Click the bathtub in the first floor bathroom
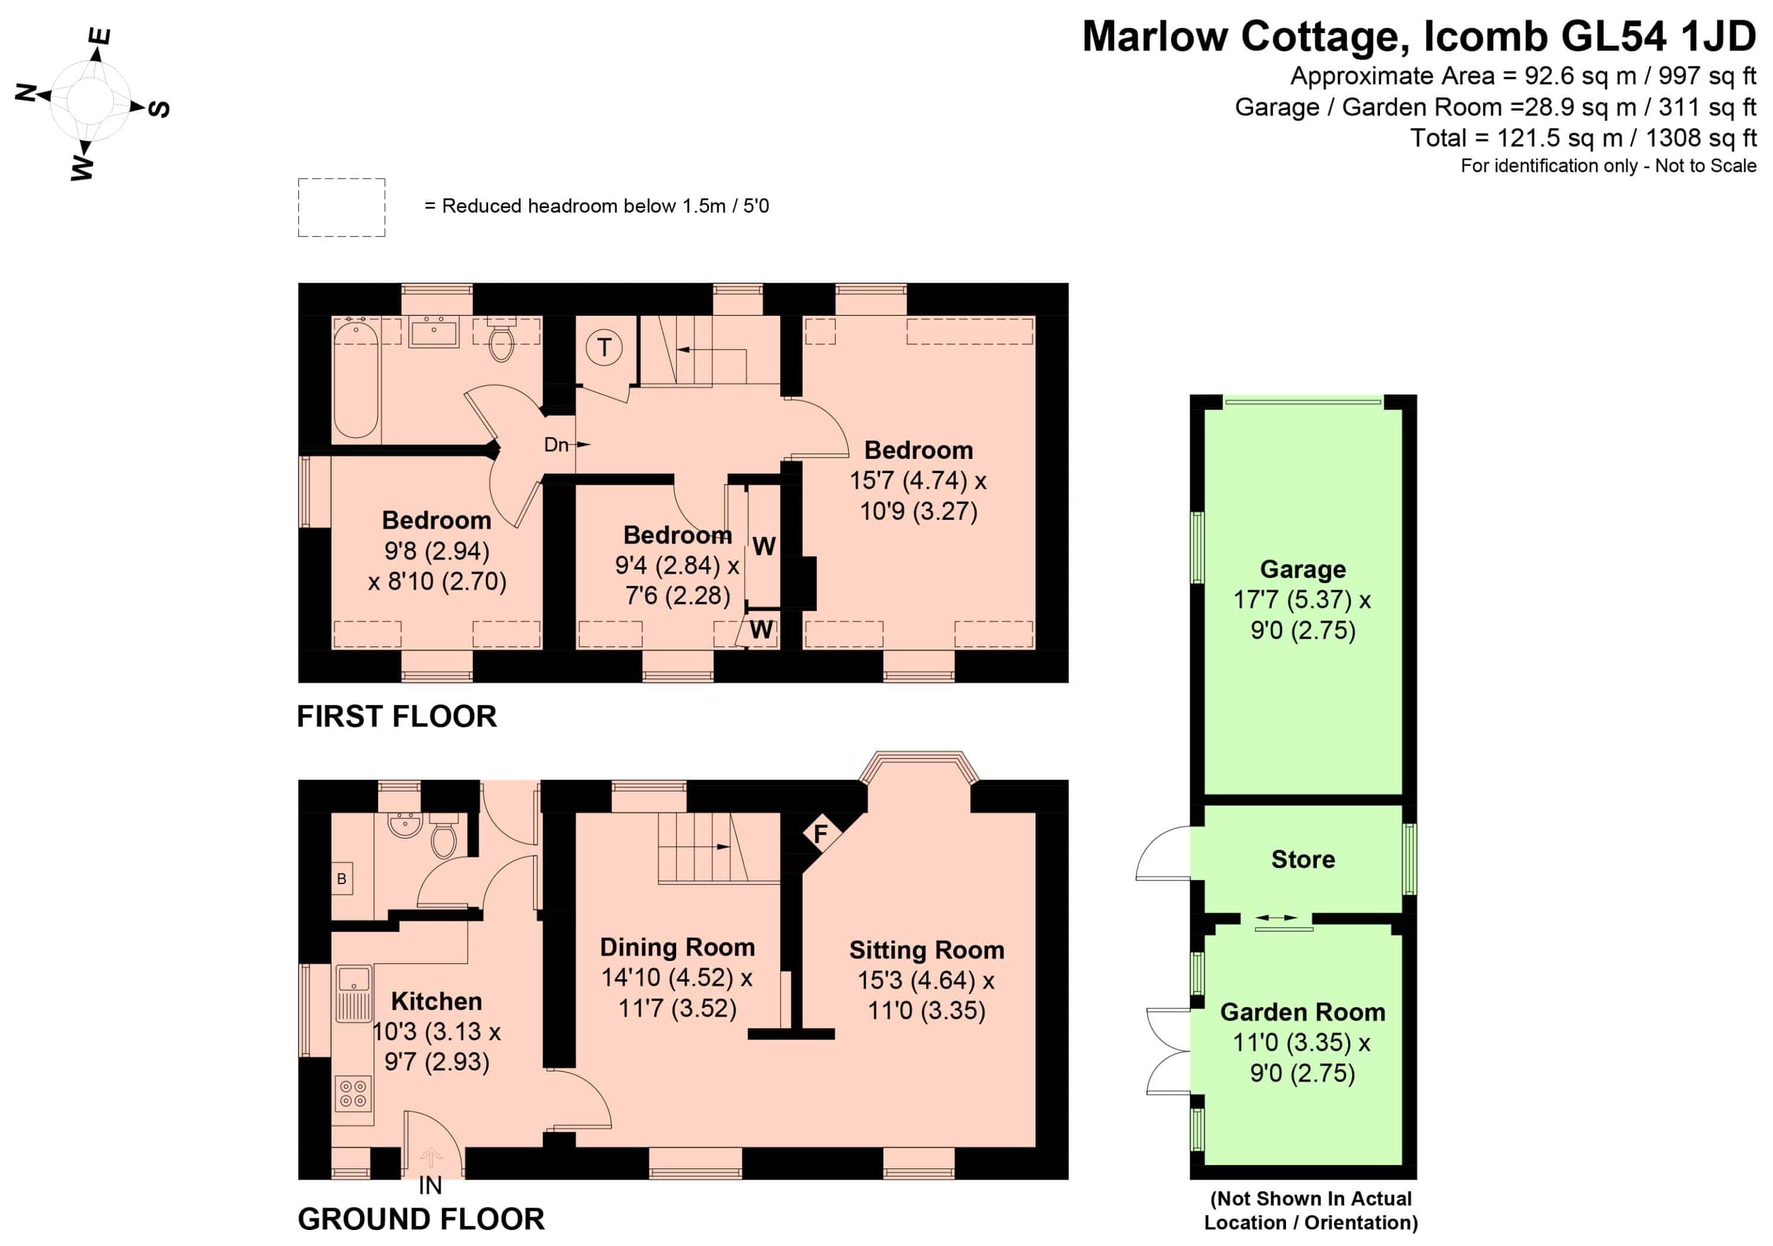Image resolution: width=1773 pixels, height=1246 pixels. click(x=356, y=380)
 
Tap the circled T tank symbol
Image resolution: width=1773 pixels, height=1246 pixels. click(x=604, y=348)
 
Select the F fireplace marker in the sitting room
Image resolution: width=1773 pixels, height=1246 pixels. click(x=820, y=833)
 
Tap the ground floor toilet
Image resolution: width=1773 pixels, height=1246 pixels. click(x=444, y=836)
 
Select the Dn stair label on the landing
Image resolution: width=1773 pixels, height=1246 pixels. click(x=556, y=444)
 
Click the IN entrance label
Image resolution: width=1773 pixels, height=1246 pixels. click(x=430, y=1186)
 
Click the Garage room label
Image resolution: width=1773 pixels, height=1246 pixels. click(x=1303, y=569)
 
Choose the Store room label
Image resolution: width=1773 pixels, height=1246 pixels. click(x=1303, y=859)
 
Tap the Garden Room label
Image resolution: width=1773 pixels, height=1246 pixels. click(x=1303, y=1012)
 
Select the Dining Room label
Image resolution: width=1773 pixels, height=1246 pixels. click(x=677, y=947)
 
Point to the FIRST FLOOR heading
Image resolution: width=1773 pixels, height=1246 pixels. click(x=397, y=717)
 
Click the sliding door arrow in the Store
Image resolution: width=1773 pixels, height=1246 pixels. click(x=1277, y=917)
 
